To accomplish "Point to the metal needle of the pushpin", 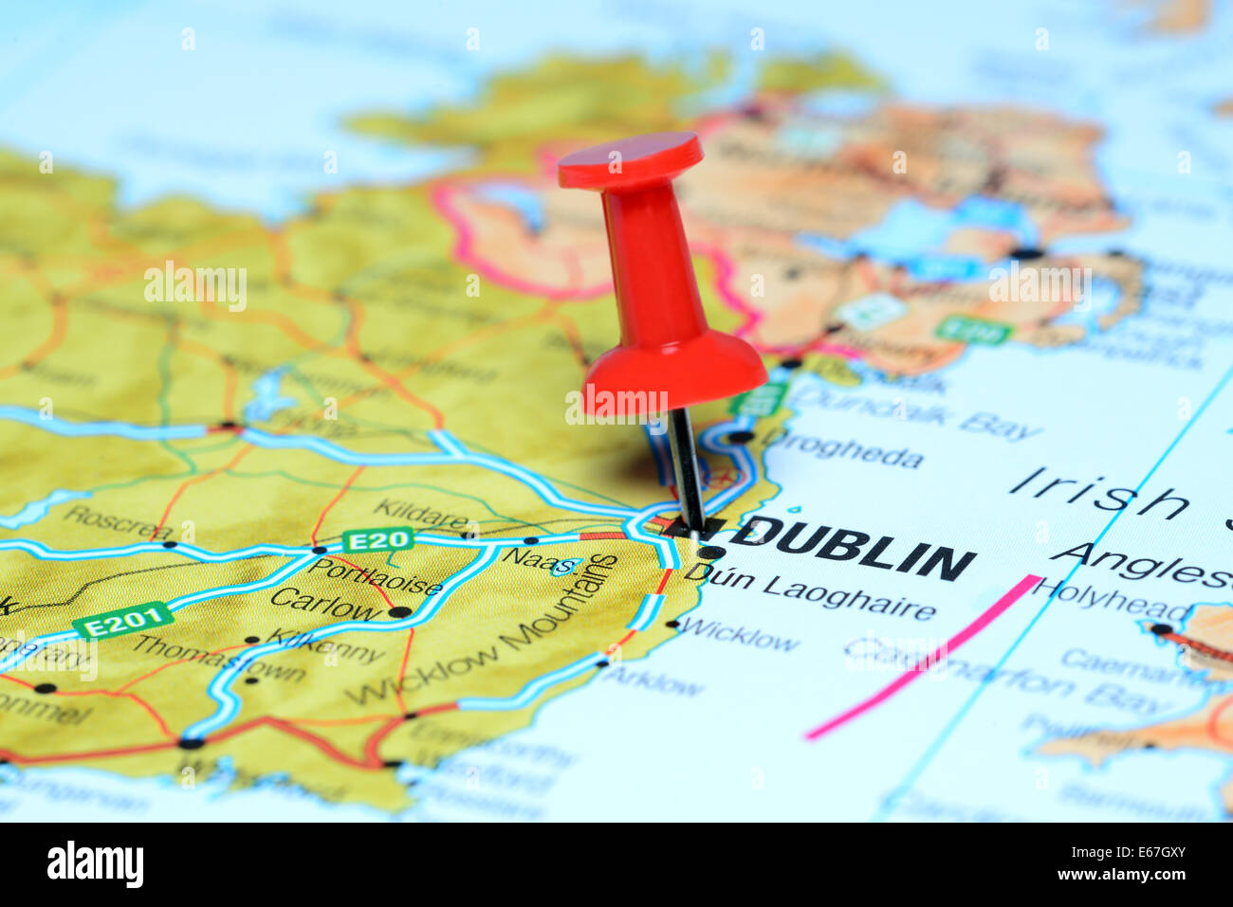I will pyautogui.click(x=686, y=469).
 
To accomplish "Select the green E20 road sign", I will pyautogui.click(x=377, y=540).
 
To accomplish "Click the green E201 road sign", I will pyautogui.click(x=123, y=621).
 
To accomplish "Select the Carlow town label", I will pyautogui.click(x=325, y=604).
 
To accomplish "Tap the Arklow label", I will pyautogui.click(x=653, y=679).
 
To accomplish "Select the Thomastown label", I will pyautogui.click(x=218, y=658).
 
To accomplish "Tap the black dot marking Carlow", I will pyautogui.click(x=400, y=611).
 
